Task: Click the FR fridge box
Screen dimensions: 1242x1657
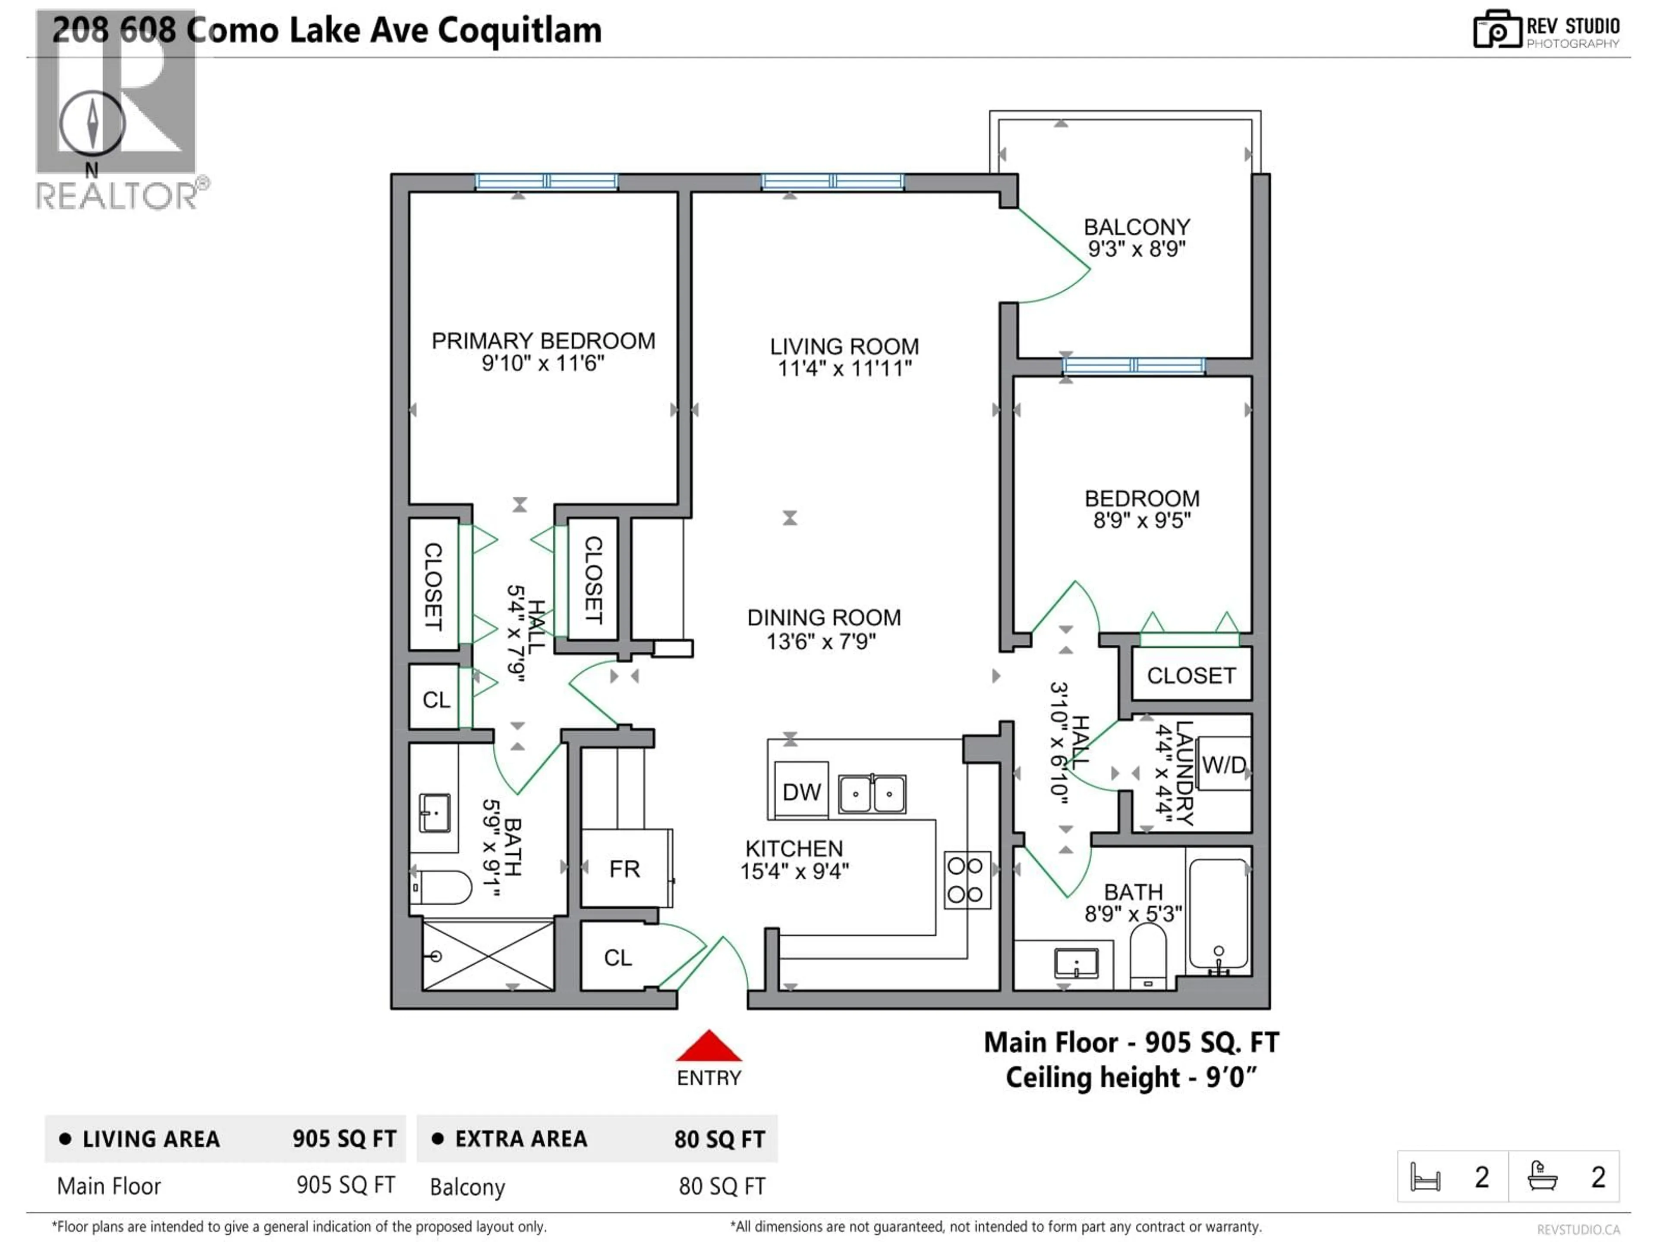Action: pos(625,869)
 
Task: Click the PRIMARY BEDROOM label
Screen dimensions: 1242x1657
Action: pos(543,342)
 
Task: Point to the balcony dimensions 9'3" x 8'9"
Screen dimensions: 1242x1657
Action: pos(1136,249)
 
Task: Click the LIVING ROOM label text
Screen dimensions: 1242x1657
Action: pos(844,347)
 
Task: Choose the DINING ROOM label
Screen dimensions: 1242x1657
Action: pos(824,618)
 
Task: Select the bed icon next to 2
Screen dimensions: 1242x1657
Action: pos(1425,1177)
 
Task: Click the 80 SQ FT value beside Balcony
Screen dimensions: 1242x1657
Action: pos(721,1187)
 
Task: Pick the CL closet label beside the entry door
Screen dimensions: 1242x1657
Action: pos(618,957)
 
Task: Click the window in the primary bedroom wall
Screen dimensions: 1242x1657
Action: pos(546,181)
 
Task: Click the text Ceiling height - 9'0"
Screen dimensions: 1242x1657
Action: pos(1131,1078)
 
